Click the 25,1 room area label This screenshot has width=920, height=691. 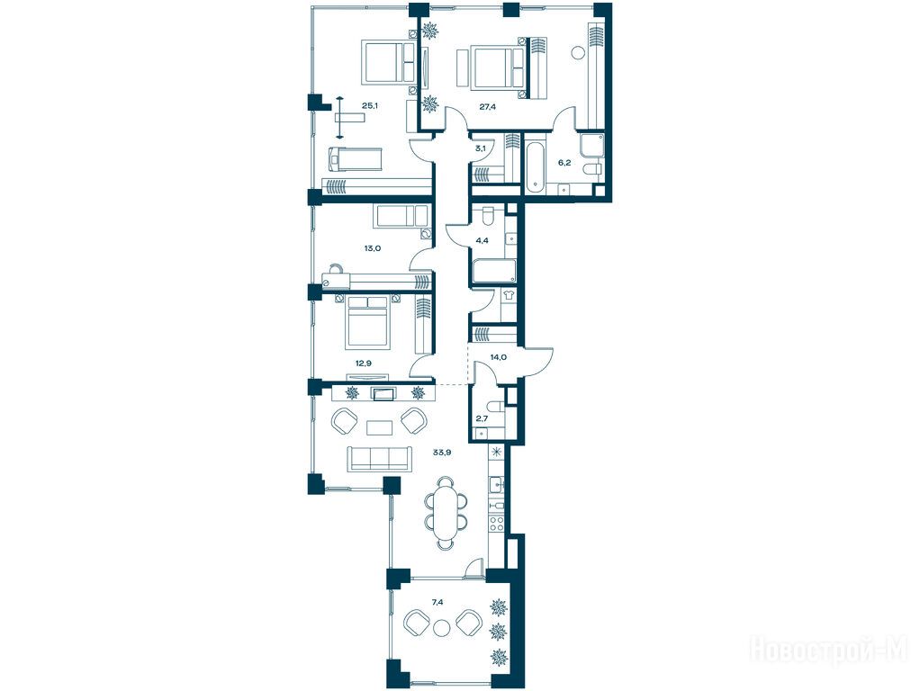[x=370, y=106]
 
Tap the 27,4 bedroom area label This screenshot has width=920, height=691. [x=488, y=107]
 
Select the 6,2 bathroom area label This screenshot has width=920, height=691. [x=564, y=163]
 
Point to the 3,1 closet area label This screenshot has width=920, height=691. [x=480, y=148]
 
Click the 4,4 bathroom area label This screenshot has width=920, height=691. [x=482, y=240]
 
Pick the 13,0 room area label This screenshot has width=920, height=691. [x=373, y=248]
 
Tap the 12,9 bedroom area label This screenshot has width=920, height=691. [x=364, y=363]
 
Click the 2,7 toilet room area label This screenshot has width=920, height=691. [x=482, y=418]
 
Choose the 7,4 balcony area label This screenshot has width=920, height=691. [x=437, y=602]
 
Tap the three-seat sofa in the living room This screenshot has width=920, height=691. [x=380, y=458]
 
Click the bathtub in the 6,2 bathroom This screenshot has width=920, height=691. [x=535, y=166]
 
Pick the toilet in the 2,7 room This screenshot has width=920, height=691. [x=496, y=407]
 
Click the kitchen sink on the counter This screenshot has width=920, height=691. [x=497, y=485]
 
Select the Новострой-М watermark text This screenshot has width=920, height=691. [x=828, y=650]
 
